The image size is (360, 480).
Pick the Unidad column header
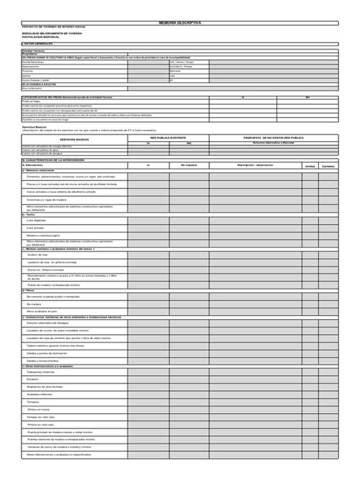[310, 166]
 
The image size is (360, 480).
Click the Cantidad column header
[328, 166]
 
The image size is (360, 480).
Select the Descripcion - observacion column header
[254, 165]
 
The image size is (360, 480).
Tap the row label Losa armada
[36, 227]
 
